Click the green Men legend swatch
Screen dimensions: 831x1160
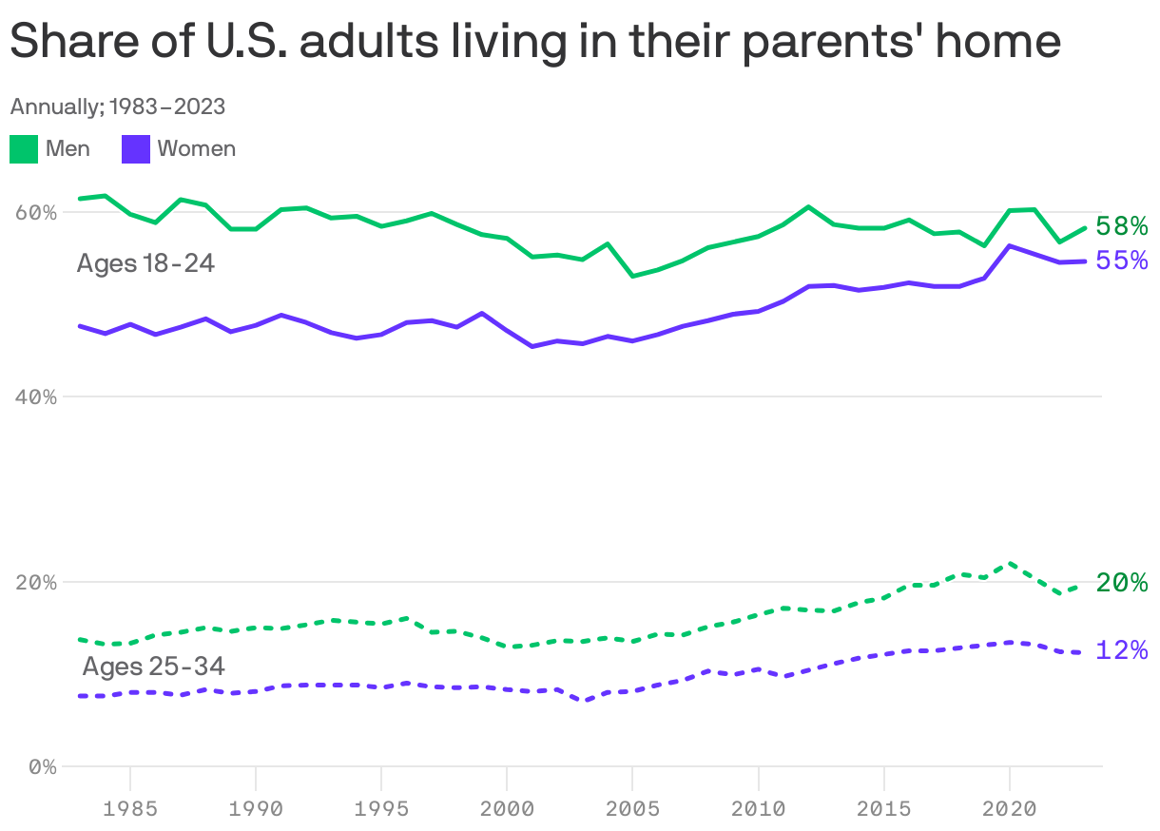click(24, 149)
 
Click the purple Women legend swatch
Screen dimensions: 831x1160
click(136, 149)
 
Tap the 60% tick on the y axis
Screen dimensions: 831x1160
click(36, 212)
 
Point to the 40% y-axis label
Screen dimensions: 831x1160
click(36, 396)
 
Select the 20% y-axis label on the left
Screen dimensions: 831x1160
click(36, 582)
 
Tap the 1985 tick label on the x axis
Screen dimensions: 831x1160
click(130, 809)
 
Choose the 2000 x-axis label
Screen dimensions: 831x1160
click(507, 809)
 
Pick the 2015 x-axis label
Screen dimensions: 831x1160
click(884, 809)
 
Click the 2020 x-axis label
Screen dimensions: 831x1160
click(1009, 809)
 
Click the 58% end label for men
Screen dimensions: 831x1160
click(1122, 226)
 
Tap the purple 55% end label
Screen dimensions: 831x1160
click(1122, 261)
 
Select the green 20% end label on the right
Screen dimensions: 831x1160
click(1122, 583)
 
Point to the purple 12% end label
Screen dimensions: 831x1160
click(1122, 650)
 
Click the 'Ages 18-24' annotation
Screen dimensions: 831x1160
click(145, 263)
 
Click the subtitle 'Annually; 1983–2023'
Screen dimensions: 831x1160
click(118, 106)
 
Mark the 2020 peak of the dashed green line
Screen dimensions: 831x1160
click(1010, 563)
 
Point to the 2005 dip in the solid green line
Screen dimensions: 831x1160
click(632, 276)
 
